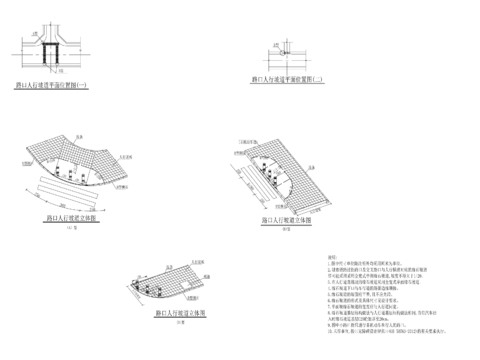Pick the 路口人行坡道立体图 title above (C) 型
tap(180, 313)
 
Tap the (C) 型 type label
tap(180, 323)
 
